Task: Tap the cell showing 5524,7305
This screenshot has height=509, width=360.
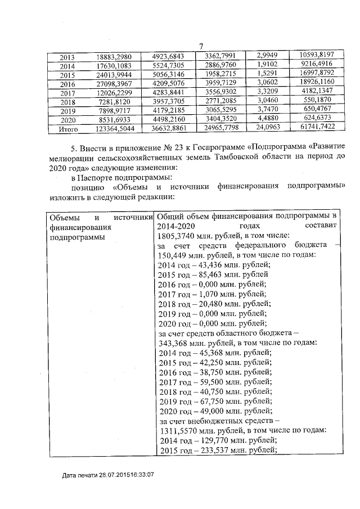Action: click(173, 65)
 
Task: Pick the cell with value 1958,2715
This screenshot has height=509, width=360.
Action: click(223, 74)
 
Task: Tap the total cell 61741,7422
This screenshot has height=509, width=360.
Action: click(313, 128)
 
